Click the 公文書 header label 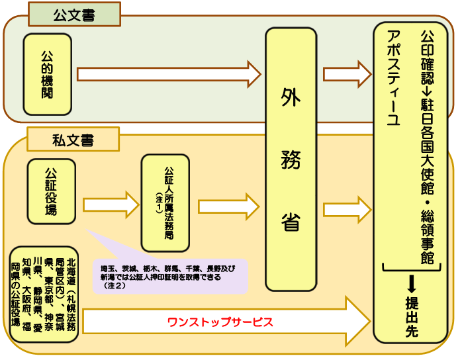click(x=74, y=15)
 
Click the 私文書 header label click(x=73, y=140)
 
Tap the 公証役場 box click(x=51, y=191)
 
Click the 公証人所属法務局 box click(x=165, y=202)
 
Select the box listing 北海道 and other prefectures click(x=44, y=296)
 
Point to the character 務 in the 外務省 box click(x=291, y=159)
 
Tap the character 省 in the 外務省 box click(x=291, y=221)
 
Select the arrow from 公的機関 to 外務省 click(x=169, y=73)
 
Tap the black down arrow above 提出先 click(x=411, y=284)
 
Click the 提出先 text click(x=411, y=318)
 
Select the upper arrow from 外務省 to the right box click(x=345, y=73)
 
